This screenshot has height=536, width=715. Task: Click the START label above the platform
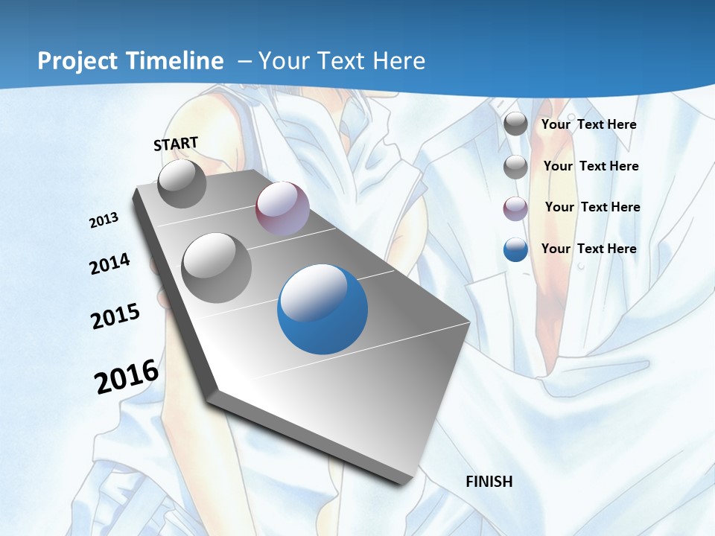coord(176,144)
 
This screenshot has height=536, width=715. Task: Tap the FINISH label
coord(489,482)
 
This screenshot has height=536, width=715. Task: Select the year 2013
coord(104,220)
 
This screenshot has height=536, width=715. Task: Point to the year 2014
coord(109,264)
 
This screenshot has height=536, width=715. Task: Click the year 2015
coord(115,316)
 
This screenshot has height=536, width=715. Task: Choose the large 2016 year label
coord(126,377)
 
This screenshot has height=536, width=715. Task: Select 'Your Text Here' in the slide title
coord(341,61)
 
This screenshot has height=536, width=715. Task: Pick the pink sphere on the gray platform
coord(282,208)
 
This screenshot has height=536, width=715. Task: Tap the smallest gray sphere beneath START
coord(182,184)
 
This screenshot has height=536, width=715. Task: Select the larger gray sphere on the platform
coord(216,267)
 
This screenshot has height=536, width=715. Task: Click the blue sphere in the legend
coord(515,249)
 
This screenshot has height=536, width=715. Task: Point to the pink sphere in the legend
coord(515,208)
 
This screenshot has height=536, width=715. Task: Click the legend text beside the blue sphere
coord(588,249)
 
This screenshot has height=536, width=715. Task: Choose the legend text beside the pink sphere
coord(592,207)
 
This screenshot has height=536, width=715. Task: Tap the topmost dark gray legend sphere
coord(515,124)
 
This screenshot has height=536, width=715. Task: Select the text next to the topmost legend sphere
coord(588,124)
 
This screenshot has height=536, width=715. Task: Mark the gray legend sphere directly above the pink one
coord(515,167)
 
